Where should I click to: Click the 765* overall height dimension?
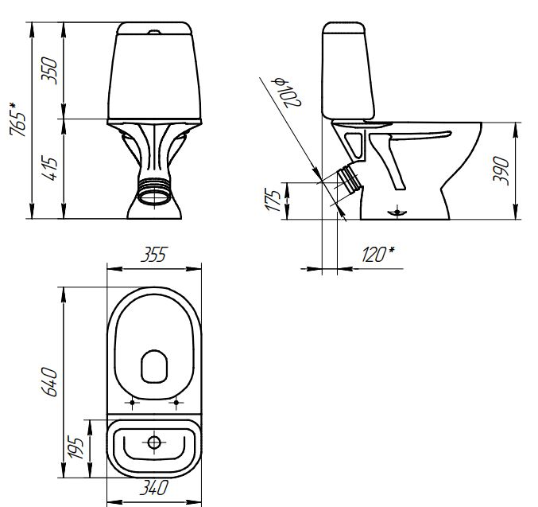point(17,119)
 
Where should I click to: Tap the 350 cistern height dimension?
point(49,71)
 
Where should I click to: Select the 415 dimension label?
point(49,169)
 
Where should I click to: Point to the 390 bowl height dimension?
point(501,171)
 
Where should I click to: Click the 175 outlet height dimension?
point(273,200)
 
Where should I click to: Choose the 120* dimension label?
point(377,255)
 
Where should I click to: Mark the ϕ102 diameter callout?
point(286,93)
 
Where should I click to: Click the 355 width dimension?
point(153,255)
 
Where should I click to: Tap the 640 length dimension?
point(49,382)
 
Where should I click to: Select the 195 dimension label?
point(75,447)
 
